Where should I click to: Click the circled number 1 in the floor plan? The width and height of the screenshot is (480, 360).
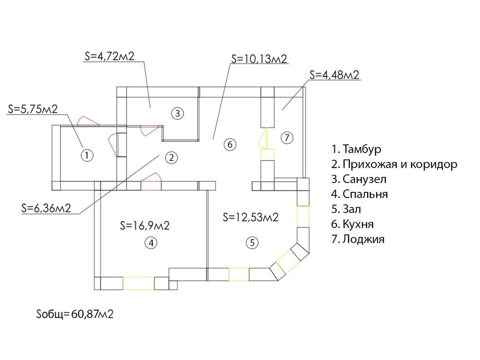(x=87, y=155)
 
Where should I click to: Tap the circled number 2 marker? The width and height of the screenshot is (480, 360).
(x=171, y=158)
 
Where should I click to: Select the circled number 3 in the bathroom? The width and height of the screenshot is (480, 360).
(x=177, y=113)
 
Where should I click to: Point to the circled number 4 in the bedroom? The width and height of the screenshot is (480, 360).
(x=151, y=243)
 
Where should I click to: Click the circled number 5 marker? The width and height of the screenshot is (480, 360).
(x=252, y=243)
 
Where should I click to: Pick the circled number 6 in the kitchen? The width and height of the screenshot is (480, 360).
(x=230, y=144)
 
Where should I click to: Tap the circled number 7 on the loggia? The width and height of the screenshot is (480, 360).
(x=287, y=138)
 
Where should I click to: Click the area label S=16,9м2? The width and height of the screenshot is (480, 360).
(x=145, y=226)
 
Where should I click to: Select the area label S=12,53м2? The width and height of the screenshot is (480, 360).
(x=251, y=217)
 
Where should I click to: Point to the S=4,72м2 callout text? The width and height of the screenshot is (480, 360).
(x=109, y=56)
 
